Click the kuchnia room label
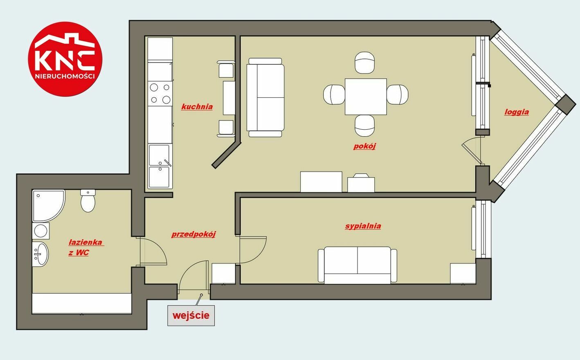coord(197,107)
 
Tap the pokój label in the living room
coord(364,146)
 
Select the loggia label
coord(517,112)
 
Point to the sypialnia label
coord(363,226)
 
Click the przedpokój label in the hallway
coord(193,234)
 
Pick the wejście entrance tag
coord(191,315)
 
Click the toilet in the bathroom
coord(88,201)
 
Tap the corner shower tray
coord(49,206)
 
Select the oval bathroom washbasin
coord(40,254)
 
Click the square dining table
coord(366,97)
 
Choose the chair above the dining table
coord(364,63)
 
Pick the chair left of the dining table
coord(334,94)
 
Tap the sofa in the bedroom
coord(357,265)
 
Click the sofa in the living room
coord(265,97)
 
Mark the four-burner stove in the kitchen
coord(160,94)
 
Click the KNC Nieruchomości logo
coord(65,59)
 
